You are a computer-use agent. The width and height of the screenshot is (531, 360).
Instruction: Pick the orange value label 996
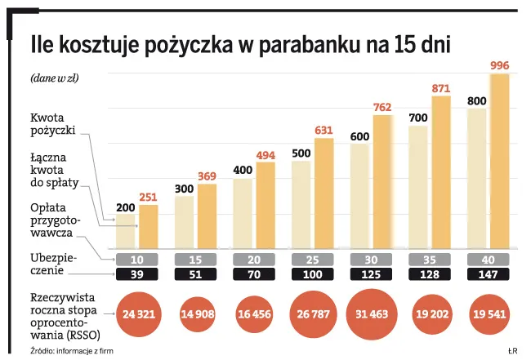498,65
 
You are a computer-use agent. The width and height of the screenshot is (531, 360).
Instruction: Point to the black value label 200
125,208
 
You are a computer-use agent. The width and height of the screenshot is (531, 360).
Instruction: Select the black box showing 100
312,274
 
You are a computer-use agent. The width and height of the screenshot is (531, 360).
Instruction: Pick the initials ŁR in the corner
513,350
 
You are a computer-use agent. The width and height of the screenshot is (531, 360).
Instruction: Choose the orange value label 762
382,107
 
